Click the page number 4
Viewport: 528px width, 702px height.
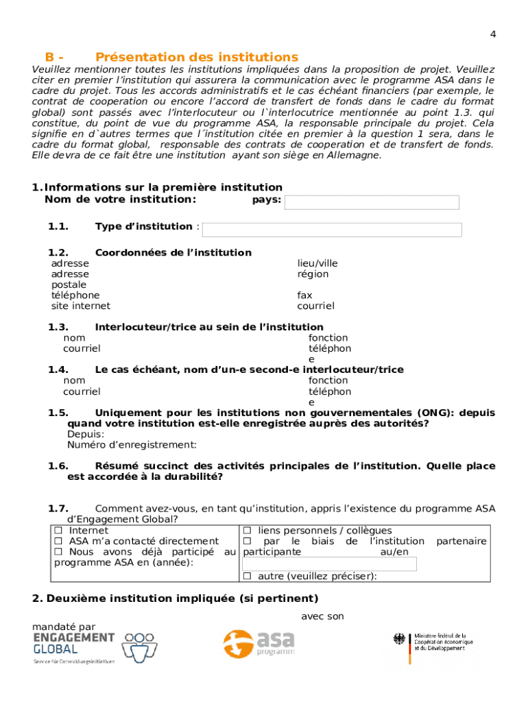pos(493,34)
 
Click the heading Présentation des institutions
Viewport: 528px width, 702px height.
pos(197,57)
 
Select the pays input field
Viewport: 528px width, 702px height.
pos(372,202)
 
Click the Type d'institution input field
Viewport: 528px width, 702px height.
pos(332,230)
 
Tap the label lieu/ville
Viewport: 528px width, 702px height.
pos(317,263)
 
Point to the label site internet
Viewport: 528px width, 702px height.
pos(80,306)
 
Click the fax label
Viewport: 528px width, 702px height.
pos(304,295)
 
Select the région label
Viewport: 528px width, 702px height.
pos(313,274)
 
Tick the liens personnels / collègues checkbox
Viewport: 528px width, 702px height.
pos(247,531)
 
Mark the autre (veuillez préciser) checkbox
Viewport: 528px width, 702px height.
pos(247,577)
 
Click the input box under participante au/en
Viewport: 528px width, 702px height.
pos(330,564)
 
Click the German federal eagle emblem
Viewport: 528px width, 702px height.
pos(399,639)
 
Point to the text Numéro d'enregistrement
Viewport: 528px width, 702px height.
pos(122,445)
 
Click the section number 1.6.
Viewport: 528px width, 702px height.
pos(58,466)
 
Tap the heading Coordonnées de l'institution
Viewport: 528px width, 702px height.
pos(173,253)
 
